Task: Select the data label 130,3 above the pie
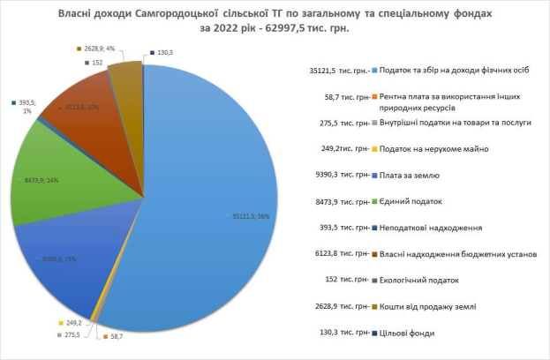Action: (x=164, y=53)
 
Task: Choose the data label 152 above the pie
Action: (x=98, y=64)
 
